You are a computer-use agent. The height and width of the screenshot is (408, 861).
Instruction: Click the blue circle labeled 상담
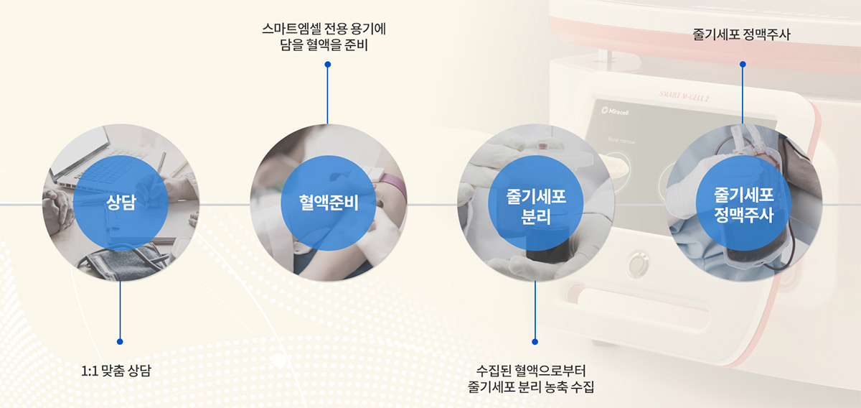121,203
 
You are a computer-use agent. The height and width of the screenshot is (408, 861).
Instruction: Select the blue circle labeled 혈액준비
328,203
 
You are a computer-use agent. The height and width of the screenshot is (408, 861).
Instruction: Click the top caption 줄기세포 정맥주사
742,34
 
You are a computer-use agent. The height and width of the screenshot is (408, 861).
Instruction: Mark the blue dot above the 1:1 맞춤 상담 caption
120,341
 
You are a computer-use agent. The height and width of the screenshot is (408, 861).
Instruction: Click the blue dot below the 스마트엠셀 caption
328,64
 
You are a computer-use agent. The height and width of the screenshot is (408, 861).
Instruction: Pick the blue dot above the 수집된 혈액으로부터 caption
535,341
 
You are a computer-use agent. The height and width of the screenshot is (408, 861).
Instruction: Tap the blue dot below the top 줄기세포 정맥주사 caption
743,64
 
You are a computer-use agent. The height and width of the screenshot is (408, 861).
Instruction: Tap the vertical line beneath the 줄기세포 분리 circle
535,309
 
